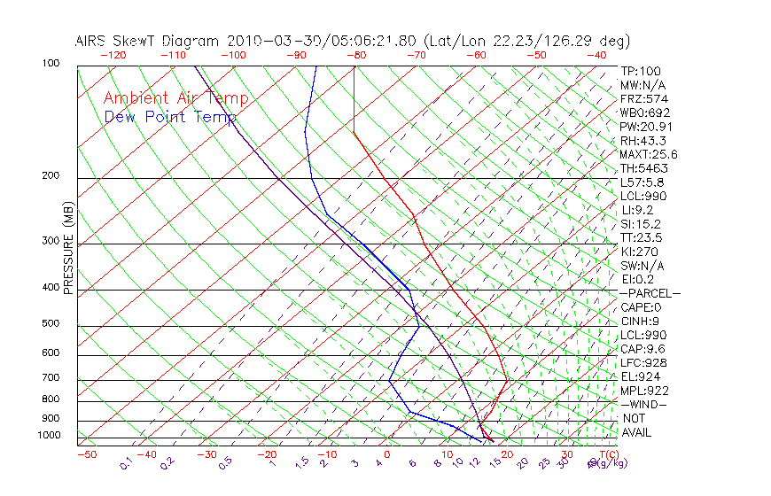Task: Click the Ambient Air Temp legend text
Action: coord(176,98)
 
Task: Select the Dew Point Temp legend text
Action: coord(170,118)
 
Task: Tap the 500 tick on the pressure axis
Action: coord(51,324)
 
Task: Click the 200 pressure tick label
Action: coord(51,176)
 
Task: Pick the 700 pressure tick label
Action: coord(51,378)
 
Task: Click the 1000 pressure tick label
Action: coord(49,435)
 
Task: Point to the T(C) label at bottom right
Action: coord(603,455)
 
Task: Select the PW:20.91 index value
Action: coord(645,127)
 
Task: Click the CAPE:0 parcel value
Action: coord(642,307)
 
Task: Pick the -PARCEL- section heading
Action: coord(650,293)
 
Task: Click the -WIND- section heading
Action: coord(644,405)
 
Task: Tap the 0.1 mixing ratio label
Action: coord(125,463)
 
